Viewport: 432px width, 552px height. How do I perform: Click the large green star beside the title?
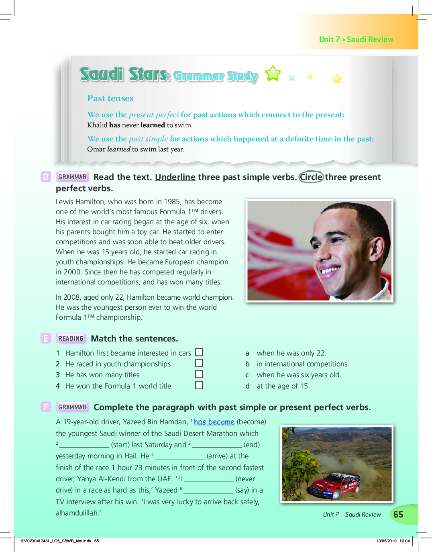pyautogui.click(x=273, y=73)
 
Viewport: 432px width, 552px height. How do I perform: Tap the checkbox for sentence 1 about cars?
pyautogui.click(x=199, y=352)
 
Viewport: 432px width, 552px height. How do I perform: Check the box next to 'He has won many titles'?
pyautogui.click(x=199, y=374)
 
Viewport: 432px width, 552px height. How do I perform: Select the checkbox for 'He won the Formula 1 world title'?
pyautogui.click(x=199, y=385)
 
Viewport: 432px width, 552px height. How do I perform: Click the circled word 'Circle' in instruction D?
pyautogui.click(x=311, y=177)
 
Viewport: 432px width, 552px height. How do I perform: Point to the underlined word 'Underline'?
pyautogui.click(x=175, y=177)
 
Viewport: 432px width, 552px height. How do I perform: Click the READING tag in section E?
pyautogui.click(x=71, y=338)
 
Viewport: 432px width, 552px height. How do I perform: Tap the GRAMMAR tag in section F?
pyautogui.click(x=72, y=407)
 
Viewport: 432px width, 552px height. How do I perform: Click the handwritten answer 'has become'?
pyautogui.click(x=214, y=422)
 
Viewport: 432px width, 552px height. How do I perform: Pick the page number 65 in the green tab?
pyautogui.click(x=398, y=515)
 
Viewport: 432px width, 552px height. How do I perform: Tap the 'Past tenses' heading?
pyautogui.click(x=110, y=98)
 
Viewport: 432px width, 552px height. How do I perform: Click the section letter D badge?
pyautogui.click(x=46, y=177)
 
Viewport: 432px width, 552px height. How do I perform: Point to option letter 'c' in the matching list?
pyautogui.click(x=247, y=375)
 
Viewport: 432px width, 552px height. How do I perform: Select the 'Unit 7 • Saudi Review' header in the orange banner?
pyautogui.click(x=356, y=39)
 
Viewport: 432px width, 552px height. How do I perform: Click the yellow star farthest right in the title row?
pyautogui.click(x=337, y=79)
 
